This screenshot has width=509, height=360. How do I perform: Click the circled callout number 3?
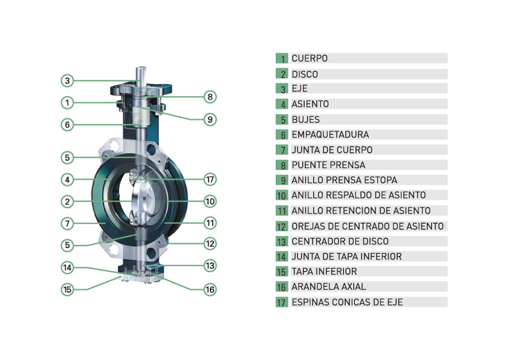(x=67, y=80)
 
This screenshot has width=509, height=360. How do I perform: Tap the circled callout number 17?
(x=210, y=179)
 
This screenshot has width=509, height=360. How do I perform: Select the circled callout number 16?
(x=210, y=289)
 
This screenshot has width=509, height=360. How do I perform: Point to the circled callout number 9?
(x=210, y=120)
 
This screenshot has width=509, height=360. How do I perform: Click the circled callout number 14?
(x=67, y=267)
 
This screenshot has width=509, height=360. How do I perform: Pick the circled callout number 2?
(x=67, y=201)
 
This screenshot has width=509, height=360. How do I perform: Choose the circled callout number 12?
(x=210, y=244)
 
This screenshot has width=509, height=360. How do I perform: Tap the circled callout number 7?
(x=67, y=223)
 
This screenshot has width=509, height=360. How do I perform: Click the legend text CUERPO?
(x=310, y=59)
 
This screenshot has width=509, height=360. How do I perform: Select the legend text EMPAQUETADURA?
(x=330, y=134)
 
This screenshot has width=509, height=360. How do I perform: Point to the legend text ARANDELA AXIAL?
(x=328, y=287)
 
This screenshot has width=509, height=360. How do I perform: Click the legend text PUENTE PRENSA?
(x=328, y=165)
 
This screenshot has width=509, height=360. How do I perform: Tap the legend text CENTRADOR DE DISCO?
(x=340, y=241)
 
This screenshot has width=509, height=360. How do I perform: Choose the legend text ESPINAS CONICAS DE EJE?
(x=347, y=302)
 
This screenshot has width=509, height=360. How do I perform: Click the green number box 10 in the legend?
(x=282, y=195)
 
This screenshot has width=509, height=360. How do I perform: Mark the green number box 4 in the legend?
(x=282, y=104)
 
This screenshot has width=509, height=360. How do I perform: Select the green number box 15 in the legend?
(x=282, y=271)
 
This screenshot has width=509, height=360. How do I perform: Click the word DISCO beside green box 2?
(x=305, y=74)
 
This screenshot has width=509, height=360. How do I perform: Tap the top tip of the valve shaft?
(x=141, y=67)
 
